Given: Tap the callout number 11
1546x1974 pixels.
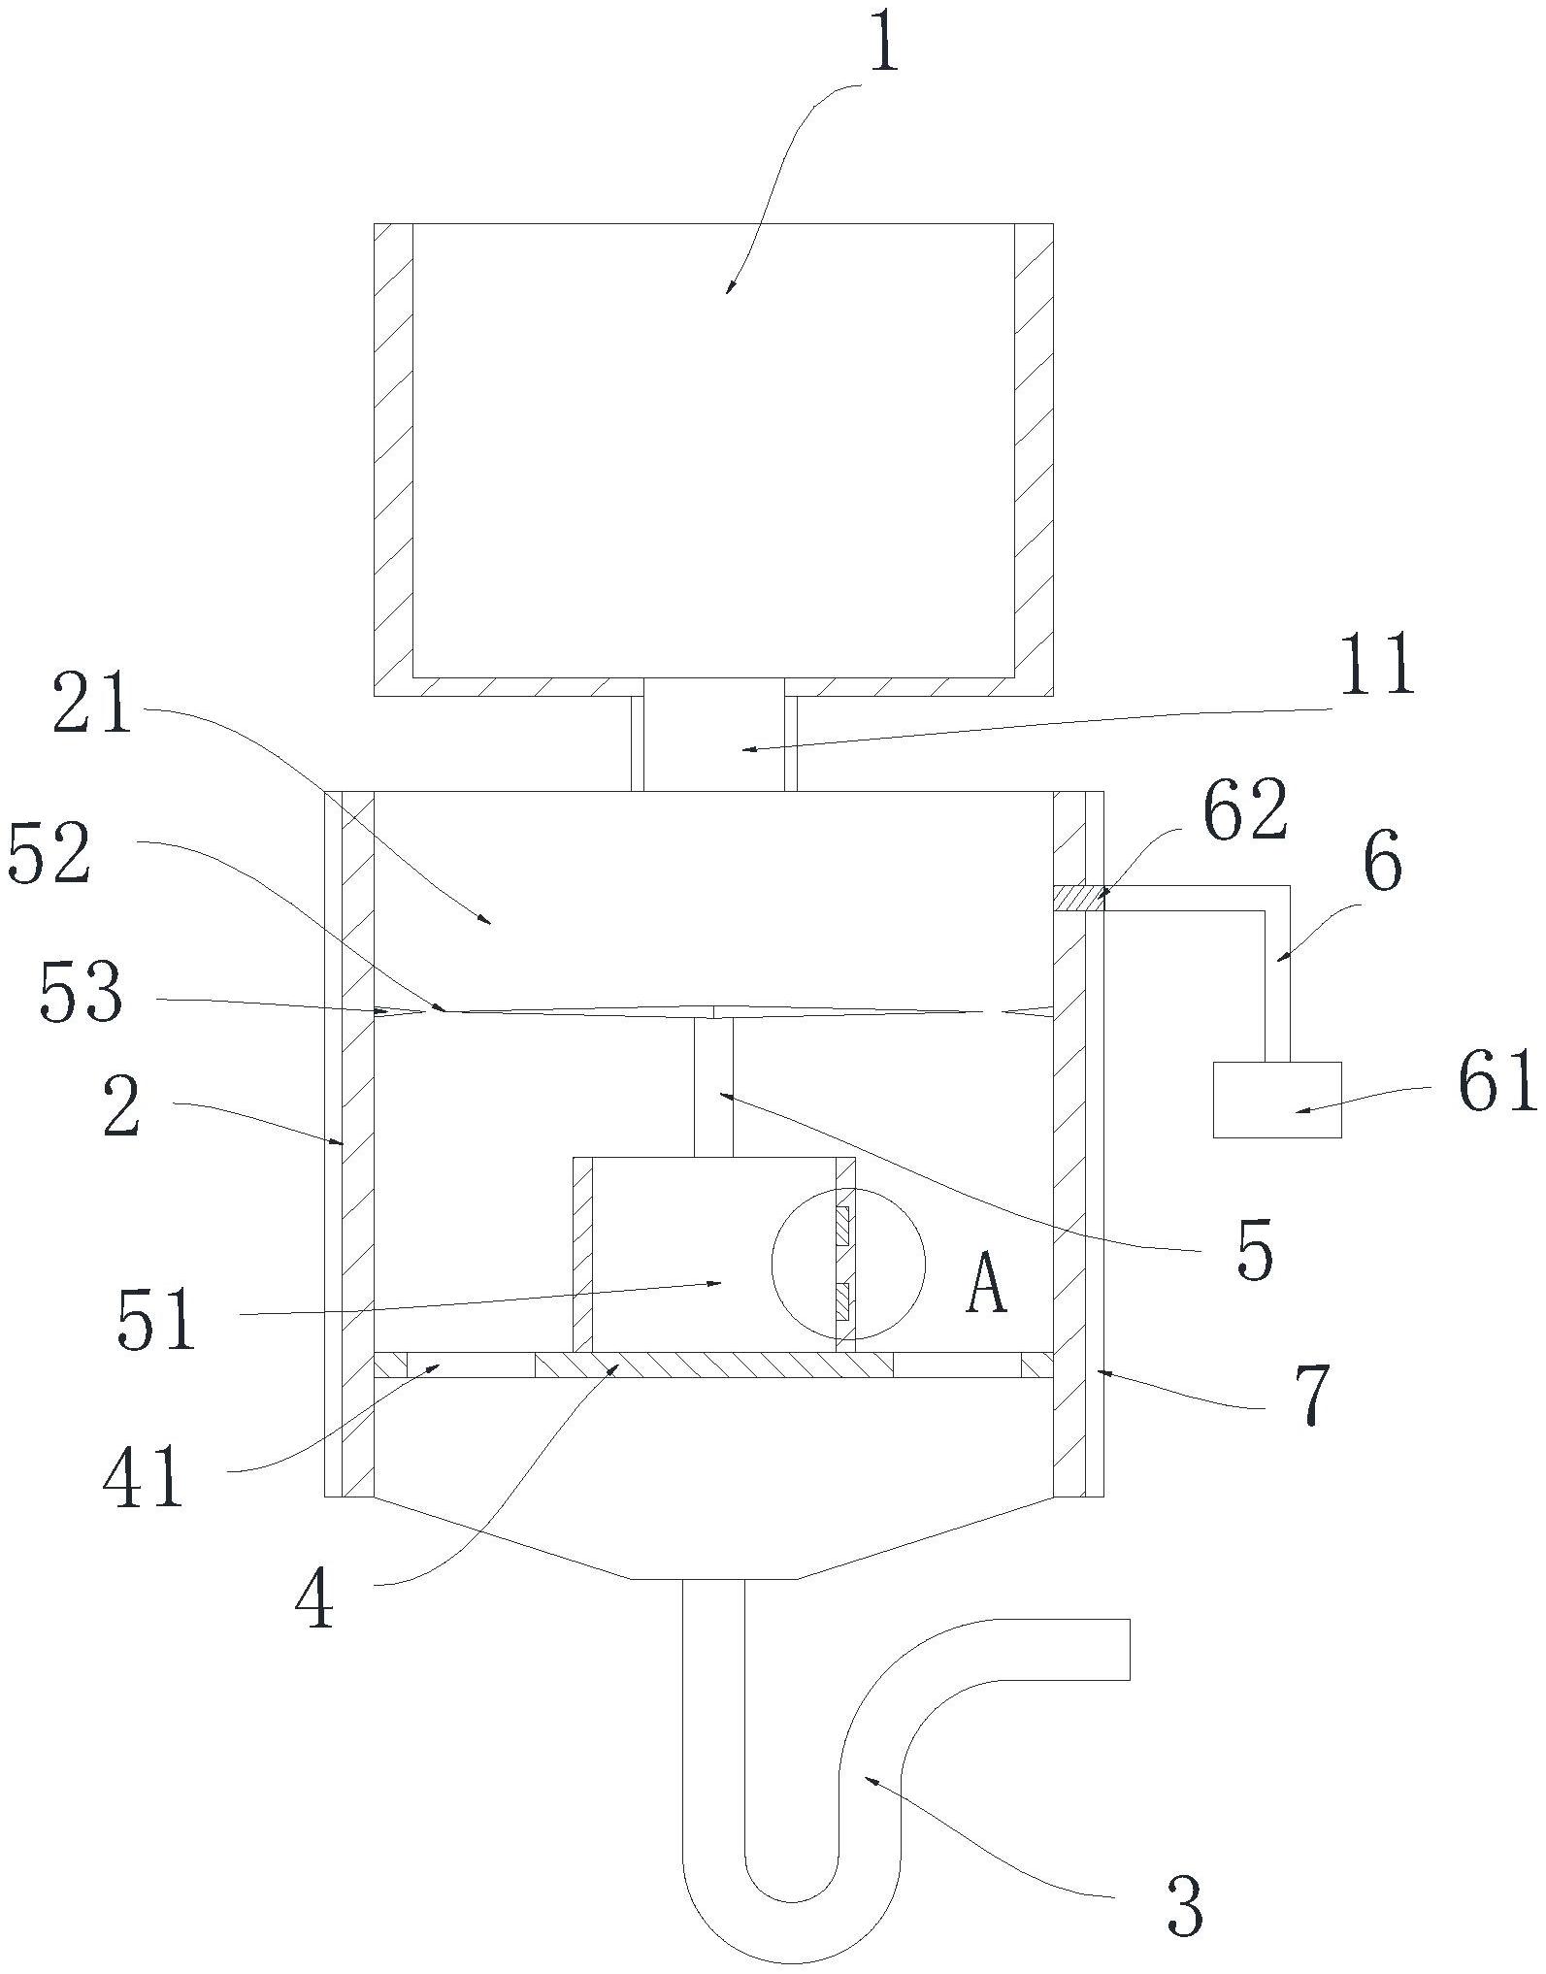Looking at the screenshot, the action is [1378, 665].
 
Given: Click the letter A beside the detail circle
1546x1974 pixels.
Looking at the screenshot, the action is [986, 1280].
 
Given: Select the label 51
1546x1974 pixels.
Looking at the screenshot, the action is [156, 1319].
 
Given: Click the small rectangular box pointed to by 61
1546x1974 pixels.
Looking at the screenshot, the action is [1277, 1099].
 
